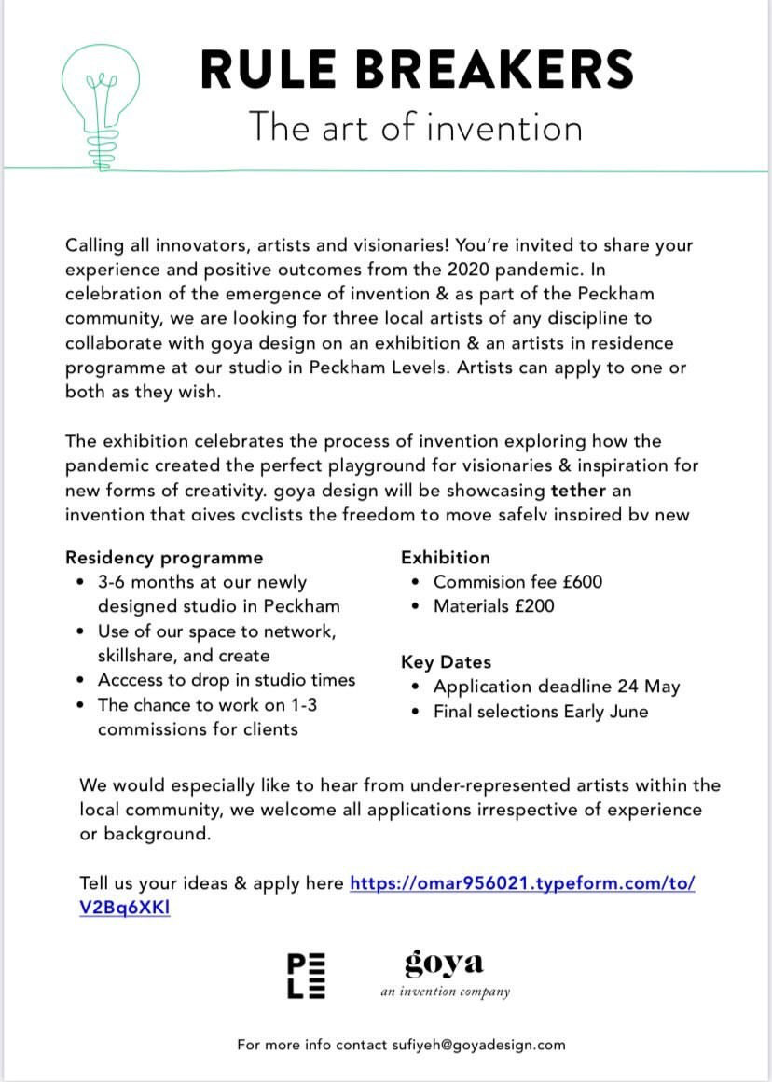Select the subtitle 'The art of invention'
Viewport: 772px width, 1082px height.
tap(415, 127)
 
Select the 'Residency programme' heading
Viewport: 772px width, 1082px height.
tap(164, 558)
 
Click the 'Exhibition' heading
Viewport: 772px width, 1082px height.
tap(445, 558)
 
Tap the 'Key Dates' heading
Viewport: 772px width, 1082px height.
tap(446, 662)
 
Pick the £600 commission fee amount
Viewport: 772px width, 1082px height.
tap(583, 582)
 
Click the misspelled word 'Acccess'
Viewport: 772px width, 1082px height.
tap(131, 680)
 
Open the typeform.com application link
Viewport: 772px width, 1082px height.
tap(522, 882)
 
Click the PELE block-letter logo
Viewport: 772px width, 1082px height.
tap(306, 976)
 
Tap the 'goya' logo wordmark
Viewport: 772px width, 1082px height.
tap(445, 962)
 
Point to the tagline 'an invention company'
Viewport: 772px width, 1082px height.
tap(445, 992)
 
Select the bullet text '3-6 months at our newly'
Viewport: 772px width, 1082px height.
tap(202, 582)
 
